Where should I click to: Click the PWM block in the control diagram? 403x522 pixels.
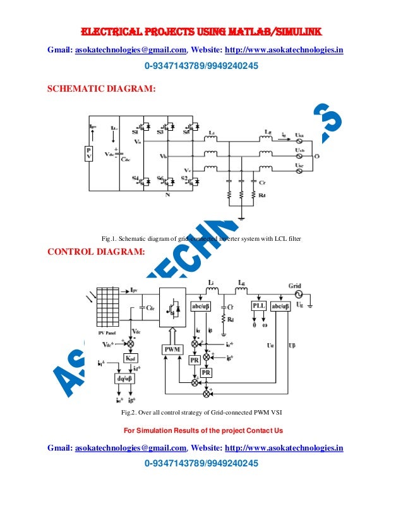(x=172, y=349)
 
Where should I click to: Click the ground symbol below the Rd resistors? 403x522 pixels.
(x=242, y=220)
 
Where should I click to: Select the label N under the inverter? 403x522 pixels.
(x=167, y=195)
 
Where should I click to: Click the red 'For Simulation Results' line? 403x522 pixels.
(x=203, y=430)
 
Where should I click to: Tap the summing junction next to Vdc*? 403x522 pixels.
(x=131, y=343)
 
